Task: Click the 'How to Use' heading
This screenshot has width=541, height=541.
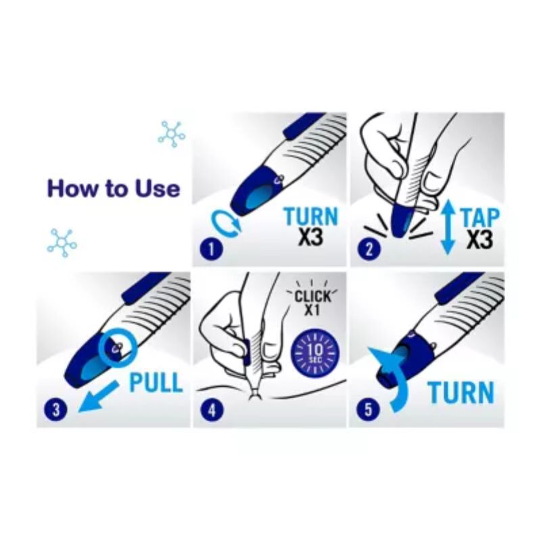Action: pyautogui.click(x=114, y=189)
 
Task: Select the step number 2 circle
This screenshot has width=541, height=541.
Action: pyautogui.click(x=369, y=249)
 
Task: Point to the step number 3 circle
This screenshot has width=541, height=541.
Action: pyautogui.click(x=55, y=410)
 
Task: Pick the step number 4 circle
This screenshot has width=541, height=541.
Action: pyautogui.click(x=212, y=410)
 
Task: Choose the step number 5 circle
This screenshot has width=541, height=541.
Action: pyautogui.click(x=368, y=410)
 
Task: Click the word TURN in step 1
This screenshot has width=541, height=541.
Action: pyautogui.click(x=312, y=216)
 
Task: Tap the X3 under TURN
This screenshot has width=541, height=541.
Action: pyautogui.click(x=311, y=237)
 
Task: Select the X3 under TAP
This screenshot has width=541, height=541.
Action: pyautogui.click(x=479, y=239)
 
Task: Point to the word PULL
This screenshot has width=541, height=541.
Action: pyautogui.click(x=156, y=382)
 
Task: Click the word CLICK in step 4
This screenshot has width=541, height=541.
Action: pyautogui.click(x=312, y=296)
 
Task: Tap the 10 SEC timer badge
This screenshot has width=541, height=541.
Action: pyautogui.click(x=315, y=352)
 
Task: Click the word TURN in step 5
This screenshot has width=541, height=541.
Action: pyautogui.click(x=461, y=393)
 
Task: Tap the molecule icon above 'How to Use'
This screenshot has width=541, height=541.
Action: pyautogui.click(x=172, y=134)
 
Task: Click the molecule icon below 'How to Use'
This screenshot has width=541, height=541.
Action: pyautogui.click(x=62, y=243)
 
